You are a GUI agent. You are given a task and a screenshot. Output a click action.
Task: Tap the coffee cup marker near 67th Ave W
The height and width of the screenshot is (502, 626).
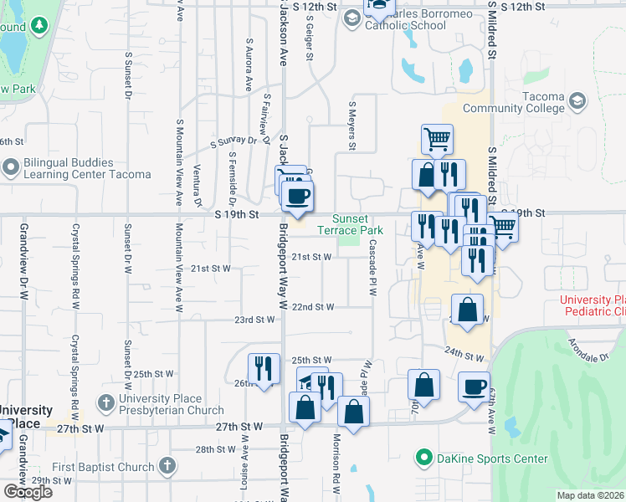point(475,387)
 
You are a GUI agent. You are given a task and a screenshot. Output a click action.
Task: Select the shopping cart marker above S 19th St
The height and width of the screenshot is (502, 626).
point(437,139)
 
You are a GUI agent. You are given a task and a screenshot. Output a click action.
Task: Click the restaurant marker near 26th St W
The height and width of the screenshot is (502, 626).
point(264,368)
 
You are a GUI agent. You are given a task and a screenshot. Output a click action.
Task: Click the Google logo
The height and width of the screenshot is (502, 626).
point(28,492)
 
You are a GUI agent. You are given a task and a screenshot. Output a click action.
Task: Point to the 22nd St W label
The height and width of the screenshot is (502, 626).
point(313,307)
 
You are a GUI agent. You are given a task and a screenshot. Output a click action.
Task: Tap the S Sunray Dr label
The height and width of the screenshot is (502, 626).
point(233,142)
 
